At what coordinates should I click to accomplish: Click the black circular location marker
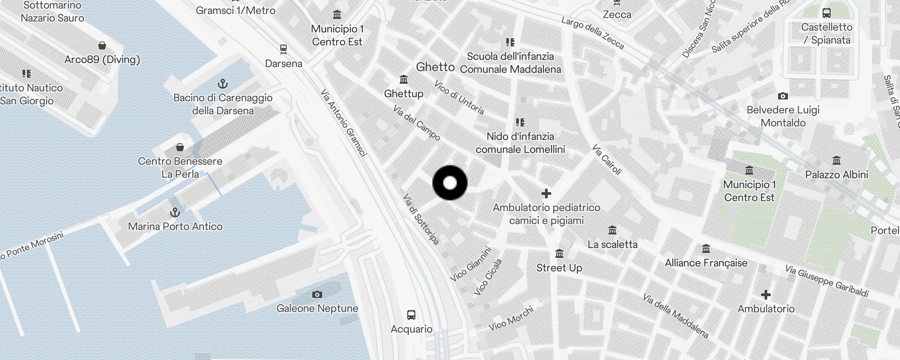pyautogui.click(x=450, y=183)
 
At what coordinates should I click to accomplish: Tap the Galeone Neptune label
pyautogui.click(x=317, y=308)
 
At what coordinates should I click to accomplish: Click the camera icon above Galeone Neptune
pyautogui.click(x=317, y=295)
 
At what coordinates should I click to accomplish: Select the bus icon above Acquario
pyautogui.click(x=411, y=315)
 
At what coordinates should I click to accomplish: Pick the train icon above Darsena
pyautogui.click(x=283, y=49)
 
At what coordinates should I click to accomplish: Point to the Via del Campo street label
pyautogui.click(x=417, y=123)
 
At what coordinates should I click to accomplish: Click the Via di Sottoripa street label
pyautogui.click(x=421, y=220)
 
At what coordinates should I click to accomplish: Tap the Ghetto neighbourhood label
pyautogui.click(x=435, y=67)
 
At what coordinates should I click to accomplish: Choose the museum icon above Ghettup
pyautogui.click(x=404, y=80)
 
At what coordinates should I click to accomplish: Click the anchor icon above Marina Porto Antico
pyautogui.click(x=175, y=212)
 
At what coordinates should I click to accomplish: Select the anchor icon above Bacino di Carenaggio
pyautogui.click(x=223, y=84)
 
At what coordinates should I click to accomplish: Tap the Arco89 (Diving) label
pyautogui.click(x=102, y=59)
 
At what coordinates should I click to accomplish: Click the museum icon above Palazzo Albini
pyautogui.click(x=837, y=161)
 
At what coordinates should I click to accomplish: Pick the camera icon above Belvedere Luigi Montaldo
pyautogui.click(x=783, y=96)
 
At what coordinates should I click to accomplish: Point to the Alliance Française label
pyautogui.click(x=706, y=263)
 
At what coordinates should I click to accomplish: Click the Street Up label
pyautogui.click(x=559, y=268)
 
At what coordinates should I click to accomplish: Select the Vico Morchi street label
pyautogui.click(x=511, y=318)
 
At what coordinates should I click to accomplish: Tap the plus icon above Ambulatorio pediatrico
pyautogui.click(x=546, y=194)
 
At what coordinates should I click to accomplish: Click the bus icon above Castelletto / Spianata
pyautogui.click(x=827, y=13)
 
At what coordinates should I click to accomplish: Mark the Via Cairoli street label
pyautogui.click(x=607, y=159)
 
